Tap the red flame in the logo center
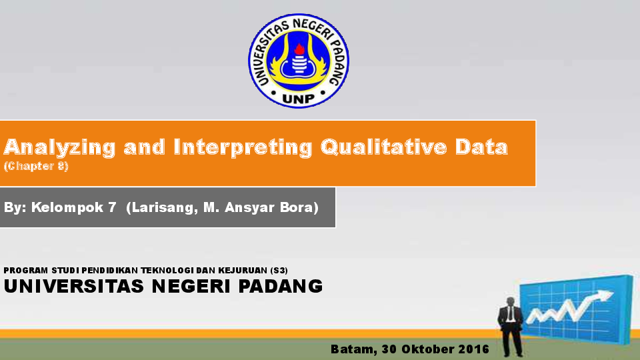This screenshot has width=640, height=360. pos(299,49)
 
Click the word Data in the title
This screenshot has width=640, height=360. pos(481,147)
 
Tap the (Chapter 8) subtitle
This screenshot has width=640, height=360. pos(36,166)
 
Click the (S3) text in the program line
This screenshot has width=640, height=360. pos(279,270)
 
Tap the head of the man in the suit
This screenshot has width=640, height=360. pos(511,303)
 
